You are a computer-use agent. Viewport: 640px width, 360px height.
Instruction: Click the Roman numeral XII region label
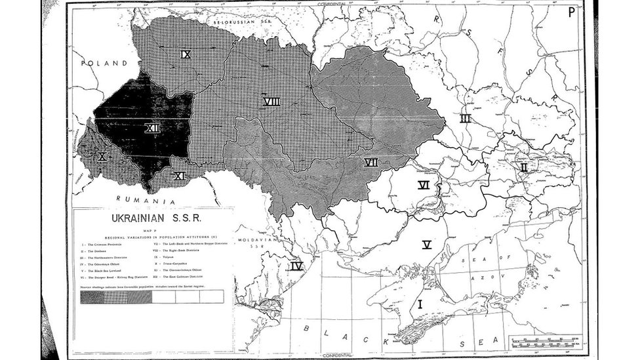coord(153,129)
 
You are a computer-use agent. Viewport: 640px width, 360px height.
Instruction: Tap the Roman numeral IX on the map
coord(186,54)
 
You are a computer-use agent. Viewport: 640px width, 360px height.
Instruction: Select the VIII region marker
coord(271,102)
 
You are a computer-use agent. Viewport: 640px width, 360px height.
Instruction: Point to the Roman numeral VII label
coord(371,162)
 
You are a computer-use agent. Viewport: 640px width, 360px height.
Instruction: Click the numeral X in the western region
coord(102,156)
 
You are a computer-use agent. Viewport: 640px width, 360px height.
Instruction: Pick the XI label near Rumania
coord(179,175)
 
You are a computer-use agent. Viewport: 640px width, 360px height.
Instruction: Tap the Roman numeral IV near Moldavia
coord(296,266)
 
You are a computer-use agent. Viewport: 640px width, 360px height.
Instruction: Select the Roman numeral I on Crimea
coord(420,304)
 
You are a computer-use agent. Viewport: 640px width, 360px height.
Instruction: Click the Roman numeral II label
coord(523,167)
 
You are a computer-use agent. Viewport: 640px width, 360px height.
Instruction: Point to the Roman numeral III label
coord(465,119)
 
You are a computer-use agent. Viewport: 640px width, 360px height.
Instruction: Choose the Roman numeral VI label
coord(424,185)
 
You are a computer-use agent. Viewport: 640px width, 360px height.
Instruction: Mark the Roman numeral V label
coord(426,245)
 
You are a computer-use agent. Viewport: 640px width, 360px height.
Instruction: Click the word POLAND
coord(104,64)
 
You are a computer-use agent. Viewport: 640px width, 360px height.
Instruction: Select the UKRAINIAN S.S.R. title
coord(152,218)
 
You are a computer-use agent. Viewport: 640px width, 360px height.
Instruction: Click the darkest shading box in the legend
coord(92,296)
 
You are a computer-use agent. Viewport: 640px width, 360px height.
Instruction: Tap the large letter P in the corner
coord(572,12)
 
